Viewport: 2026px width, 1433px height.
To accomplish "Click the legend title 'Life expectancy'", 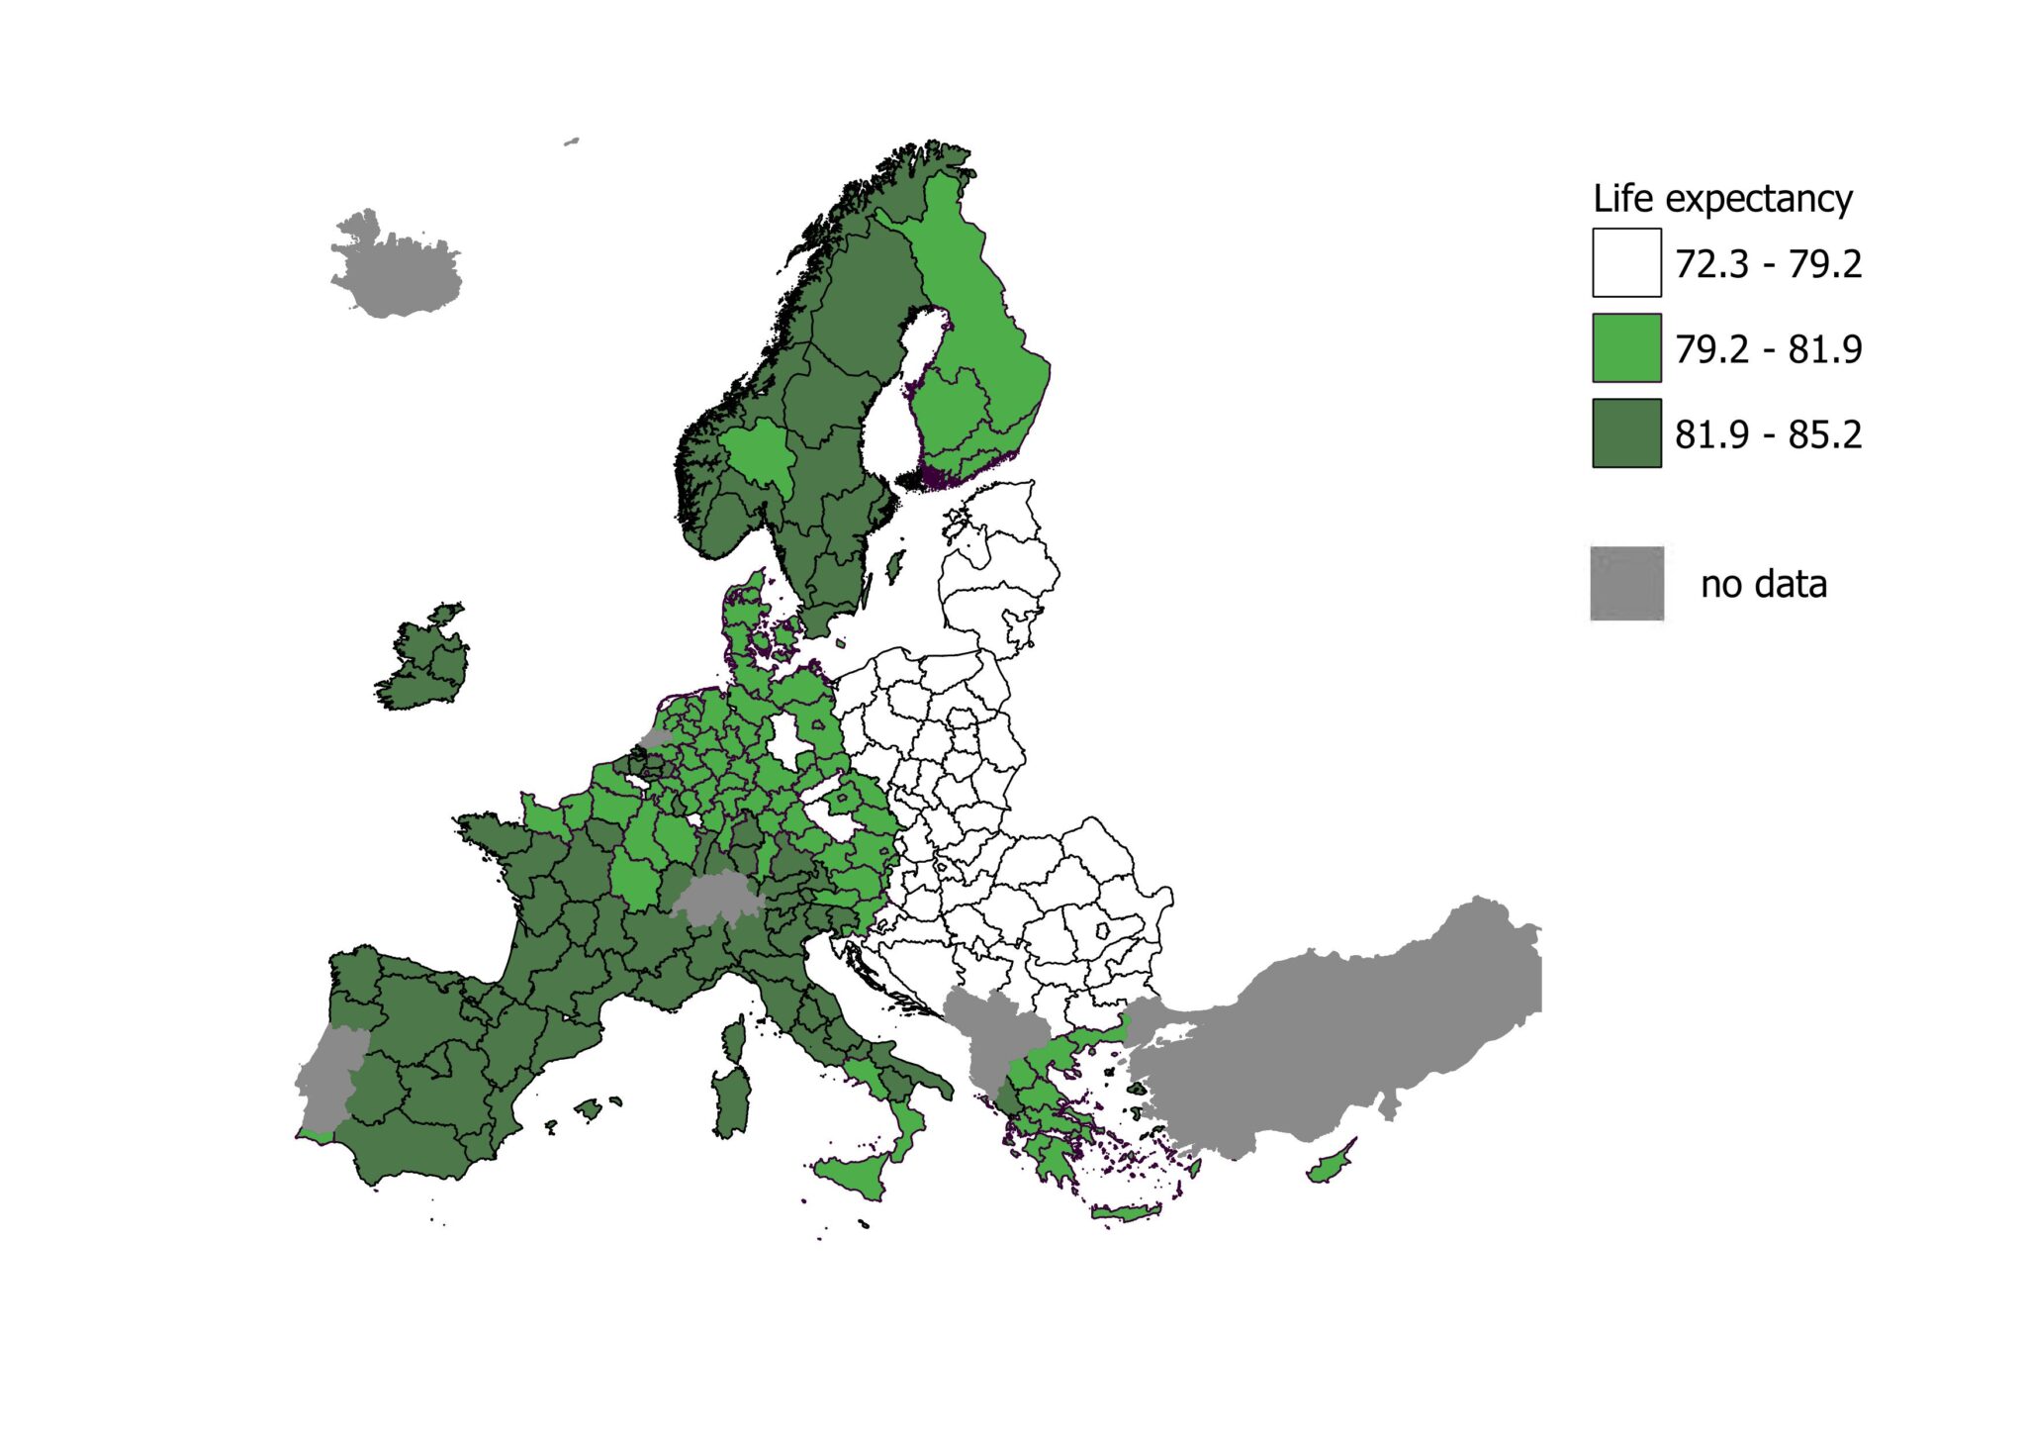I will click(x=1722, y=199).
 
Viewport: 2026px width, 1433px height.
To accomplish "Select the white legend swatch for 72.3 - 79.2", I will click(x=1626, y=263).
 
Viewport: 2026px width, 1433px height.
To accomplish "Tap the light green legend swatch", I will click(x=1626, y=347).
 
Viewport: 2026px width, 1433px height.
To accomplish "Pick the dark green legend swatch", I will click(x=1626, y=432).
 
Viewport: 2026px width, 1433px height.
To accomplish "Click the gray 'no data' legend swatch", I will click(x=1626, y=584).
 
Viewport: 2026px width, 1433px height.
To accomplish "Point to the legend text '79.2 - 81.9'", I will click(x=1768, y=349).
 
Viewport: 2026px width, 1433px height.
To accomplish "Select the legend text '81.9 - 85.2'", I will click(x=1768, y=434).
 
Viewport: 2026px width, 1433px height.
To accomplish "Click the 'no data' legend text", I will click(x=1763, y=585).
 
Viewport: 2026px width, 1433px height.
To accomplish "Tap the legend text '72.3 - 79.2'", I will click(x=1768, y=264).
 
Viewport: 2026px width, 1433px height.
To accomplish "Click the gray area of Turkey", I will click(x=1365, y=1029).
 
